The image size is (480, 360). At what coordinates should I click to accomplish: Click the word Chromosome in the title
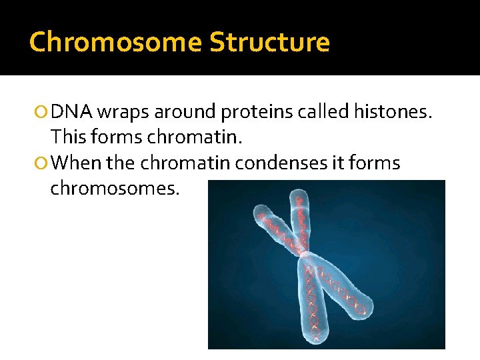coord(115,42)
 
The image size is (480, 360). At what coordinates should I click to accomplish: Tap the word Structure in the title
coord(269,42)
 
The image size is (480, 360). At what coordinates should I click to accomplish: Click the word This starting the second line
coord(70,137)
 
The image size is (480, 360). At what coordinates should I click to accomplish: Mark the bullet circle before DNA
coord(42,112)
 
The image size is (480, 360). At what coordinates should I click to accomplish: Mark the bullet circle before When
coord(42,163)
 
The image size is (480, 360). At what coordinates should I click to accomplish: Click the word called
coord(325,112)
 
